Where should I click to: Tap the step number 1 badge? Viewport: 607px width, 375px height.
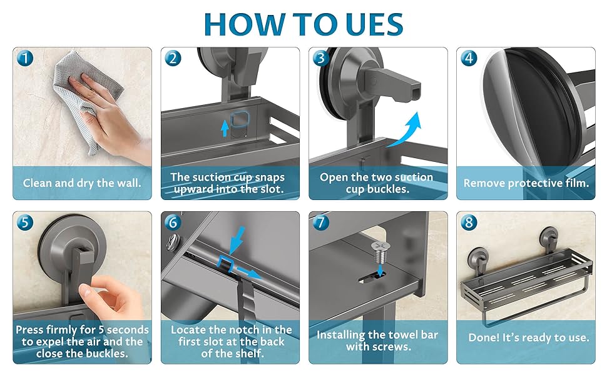click(25, 58)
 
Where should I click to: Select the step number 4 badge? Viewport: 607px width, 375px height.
click(469, 58)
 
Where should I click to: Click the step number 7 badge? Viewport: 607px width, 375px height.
click(321, 222)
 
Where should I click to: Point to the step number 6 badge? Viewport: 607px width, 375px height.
click(173, 222)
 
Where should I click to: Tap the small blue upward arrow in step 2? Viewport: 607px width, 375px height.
click(225, 128)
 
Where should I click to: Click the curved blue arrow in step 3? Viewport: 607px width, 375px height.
click(406, 129)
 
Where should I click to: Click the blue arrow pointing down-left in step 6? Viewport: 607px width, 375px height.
click(237, 241)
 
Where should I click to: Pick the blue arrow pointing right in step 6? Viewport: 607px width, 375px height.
click(249, 272)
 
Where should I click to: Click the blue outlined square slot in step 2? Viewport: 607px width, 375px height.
click(239, 120)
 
